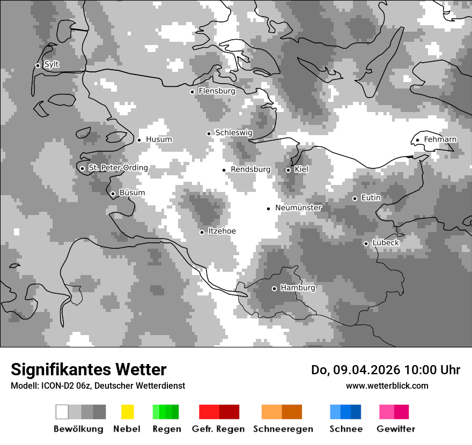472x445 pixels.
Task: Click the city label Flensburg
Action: pos(217,91)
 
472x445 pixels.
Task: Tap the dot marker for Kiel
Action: pos(288,170)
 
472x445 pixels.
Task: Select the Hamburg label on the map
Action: pos(298,288)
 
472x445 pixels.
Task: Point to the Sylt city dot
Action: pos(38,65)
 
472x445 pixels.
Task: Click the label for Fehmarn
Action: pos(440,139)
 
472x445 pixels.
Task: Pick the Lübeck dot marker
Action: pos(366,243)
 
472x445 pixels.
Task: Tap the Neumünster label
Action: pos(298,207)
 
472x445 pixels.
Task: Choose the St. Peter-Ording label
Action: pos(118,168)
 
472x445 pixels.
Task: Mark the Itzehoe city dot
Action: pos(202,232)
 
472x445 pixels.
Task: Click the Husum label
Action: pos(159,139)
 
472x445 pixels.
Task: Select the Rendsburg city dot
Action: pos(224,170)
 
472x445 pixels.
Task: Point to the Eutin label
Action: pos(371,198)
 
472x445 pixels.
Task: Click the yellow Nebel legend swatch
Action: pos(127,412)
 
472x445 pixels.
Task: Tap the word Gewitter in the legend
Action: pos(396,429)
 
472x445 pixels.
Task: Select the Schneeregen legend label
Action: pos(283,429)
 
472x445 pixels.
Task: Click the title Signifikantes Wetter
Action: pos(88,369)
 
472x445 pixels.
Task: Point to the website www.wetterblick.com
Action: pos(387,385)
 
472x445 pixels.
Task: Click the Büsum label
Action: pos(132,193)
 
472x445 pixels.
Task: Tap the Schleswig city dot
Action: pos(209,133)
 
